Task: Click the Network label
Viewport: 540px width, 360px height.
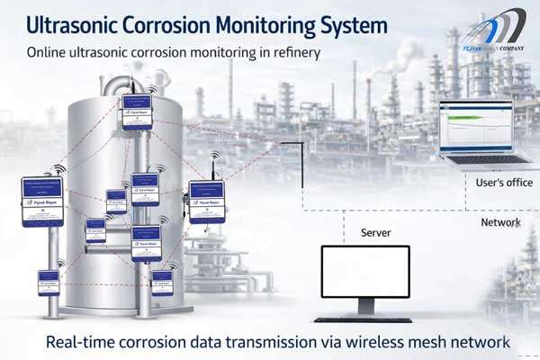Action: pyautogui.click(x=500, y=221)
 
